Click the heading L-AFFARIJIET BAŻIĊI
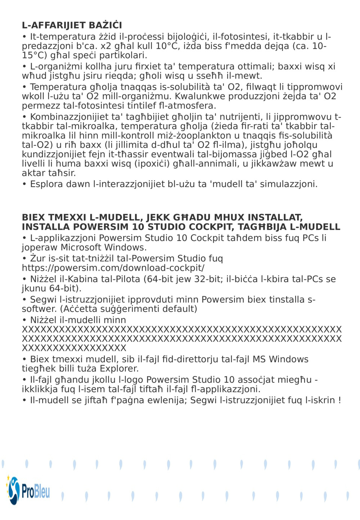(x=72, y=25)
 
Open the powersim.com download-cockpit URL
(x=113, y=268)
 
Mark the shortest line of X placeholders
(x=74, y=348)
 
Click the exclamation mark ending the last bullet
(x=339, y=400)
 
